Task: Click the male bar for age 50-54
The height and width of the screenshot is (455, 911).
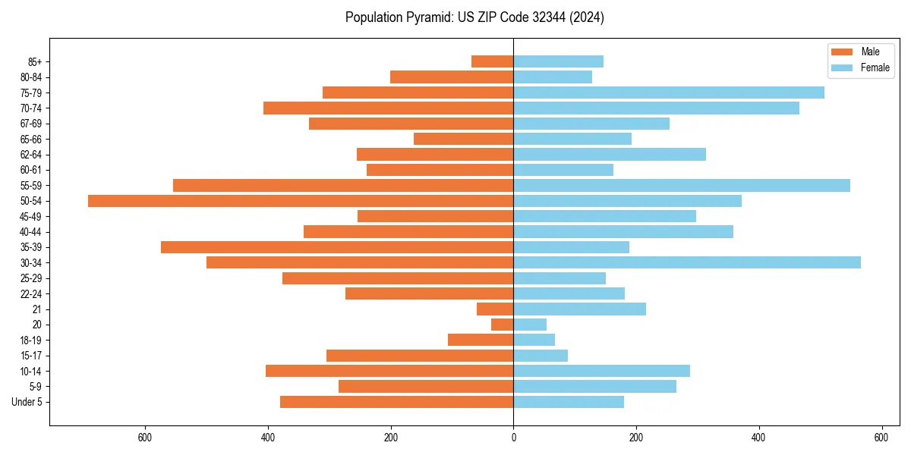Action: coord(301,201)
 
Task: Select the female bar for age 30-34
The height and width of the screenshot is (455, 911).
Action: coord(687,262)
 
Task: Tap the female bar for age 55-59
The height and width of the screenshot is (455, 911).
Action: coord(682,185)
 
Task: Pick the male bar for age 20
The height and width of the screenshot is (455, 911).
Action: coord(503,325)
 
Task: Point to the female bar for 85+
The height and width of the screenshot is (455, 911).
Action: coord(559,61)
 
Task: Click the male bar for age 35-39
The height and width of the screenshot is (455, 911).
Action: coord(337,247)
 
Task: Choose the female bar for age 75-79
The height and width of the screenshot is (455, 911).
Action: coord(669,93)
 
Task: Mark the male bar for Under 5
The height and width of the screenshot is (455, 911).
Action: coord(397,402)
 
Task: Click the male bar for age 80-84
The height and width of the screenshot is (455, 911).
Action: coord(452,77)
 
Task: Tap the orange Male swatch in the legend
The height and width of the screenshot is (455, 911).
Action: coord(843,52)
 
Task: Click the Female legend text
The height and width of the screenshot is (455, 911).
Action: coord(875,67)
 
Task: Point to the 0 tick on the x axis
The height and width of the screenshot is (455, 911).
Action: coord(514,438)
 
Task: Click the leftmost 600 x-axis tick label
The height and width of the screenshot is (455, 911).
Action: coord(146,438)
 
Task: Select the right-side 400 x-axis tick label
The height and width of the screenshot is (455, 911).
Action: coord(758,438)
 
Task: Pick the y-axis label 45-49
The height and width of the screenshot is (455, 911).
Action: coord(30,216)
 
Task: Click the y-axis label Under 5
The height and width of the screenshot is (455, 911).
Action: coord(27,402)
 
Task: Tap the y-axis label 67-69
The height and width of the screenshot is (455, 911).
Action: coord(30,124)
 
